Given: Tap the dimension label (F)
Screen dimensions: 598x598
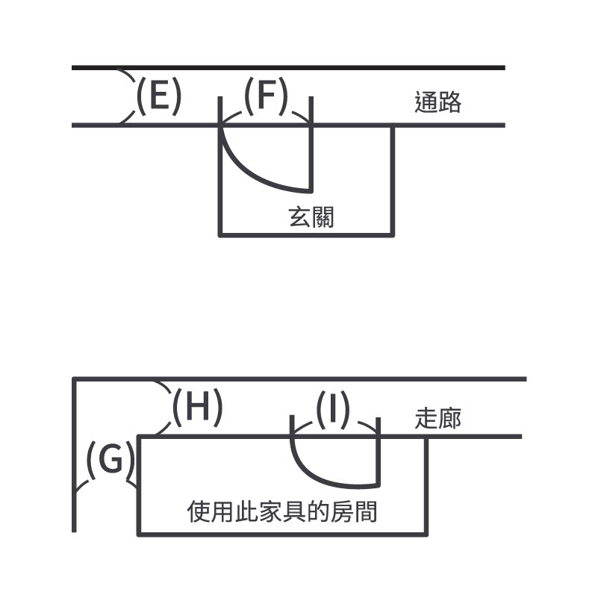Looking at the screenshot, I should [266, 97].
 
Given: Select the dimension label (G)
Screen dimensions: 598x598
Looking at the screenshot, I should [110, 461].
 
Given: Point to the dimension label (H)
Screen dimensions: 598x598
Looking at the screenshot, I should [197, 408].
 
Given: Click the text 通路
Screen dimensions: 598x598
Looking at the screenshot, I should [437, 102].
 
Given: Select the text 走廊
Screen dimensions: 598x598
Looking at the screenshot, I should [437, 418].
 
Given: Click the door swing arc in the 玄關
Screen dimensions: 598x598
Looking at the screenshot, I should [258, 173].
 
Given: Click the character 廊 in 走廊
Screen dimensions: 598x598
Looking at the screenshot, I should [449, 418].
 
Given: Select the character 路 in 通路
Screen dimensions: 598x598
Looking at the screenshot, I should [449, 102].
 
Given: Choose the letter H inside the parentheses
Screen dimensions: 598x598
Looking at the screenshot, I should [198, 408].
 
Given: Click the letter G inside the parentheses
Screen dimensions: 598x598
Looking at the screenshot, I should [110, 461].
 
